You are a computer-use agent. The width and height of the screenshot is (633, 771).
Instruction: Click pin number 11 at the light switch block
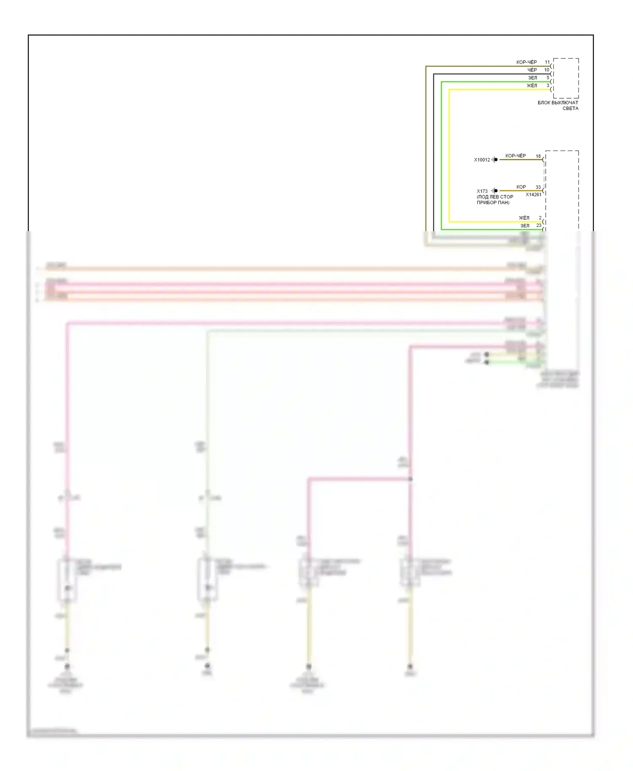[x=547, y=62]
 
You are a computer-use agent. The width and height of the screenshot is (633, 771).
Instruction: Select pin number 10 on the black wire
[x=546, y=70]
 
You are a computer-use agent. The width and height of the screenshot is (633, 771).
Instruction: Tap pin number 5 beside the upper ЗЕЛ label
[x=548, y=78]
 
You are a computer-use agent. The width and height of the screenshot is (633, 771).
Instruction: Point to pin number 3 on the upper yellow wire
[x=548, y=86]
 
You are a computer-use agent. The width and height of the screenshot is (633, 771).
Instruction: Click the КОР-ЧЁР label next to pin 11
[x=527, y=62]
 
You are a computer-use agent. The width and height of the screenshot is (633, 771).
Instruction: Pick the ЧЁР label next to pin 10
[x=532, y=70]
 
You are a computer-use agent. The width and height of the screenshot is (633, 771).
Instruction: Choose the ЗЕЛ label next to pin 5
[x=533, y=78]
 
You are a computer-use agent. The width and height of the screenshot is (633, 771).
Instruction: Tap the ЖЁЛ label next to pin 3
[x=532, y=86]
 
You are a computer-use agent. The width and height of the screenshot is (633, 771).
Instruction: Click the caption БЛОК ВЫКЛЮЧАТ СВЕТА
[x=558, y=105]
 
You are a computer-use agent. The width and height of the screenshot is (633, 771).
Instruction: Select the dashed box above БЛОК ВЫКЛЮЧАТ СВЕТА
[x=565, y=78]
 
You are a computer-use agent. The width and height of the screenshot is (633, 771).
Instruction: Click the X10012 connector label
[x=482, y=160]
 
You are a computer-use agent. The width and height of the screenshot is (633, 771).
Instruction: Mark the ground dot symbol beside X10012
[x=495, y=159]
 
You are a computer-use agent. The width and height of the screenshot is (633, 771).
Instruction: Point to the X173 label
[x=482, y=191]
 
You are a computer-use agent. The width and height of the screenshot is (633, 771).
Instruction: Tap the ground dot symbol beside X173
[x=495, y=191]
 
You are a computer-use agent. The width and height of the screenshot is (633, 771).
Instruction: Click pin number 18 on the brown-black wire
[x=538, y=156]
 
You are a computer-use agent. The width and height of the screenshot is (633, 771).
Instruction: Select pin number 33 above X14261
[x=538, y=187]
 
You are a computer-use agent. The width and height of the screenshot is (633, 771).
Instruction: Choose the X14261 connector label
[x=533, y=194]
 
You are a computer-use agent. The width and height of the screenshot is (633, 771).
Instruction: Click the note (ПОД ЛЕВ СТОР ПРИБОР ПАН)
[x=495, y=199]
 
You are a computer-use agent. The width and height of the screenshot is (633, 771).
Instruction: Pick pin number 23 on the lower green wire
[x=538, y=225]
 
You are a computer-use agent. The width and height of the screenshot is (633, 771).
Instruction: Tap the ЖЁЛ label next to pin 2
[x=524, y=218]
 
